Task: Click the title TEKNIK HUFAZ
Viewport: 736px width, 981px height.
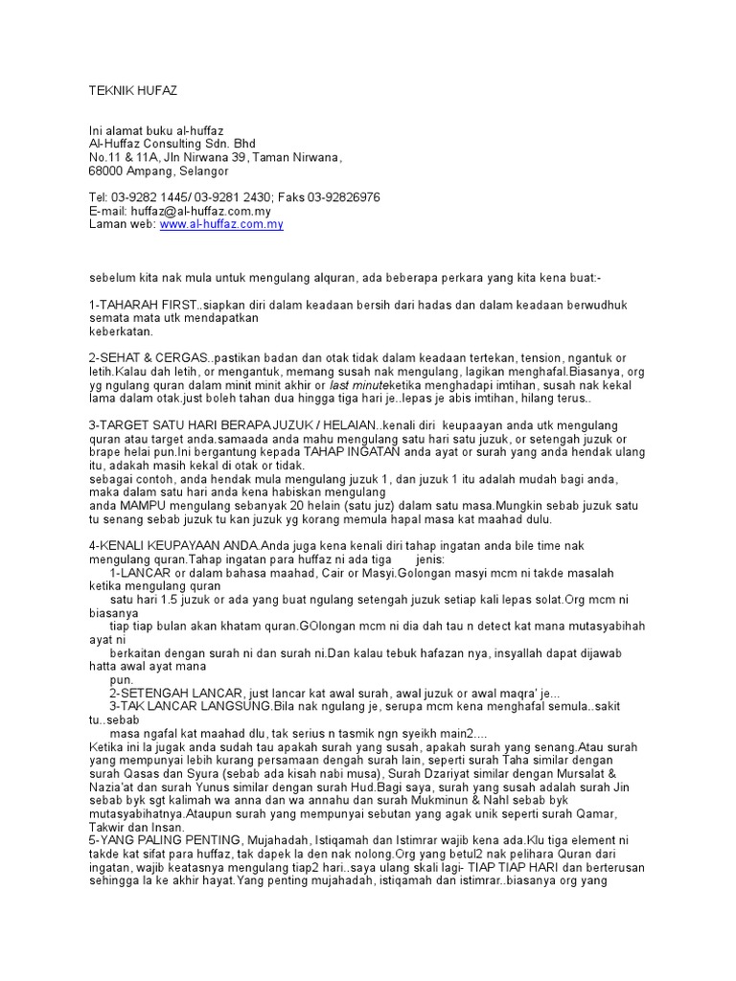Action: pos(133,91)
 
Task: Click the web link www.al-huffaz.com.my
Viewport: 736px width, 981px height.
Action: pos(221,224)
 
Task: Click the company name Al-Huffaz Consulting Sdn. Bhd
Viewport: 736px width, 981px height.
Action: pos(172,144)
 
